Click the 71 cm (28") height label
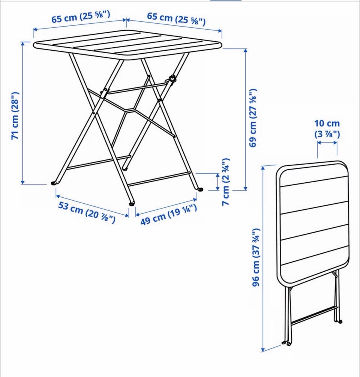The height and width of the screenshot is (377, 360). point(15,116)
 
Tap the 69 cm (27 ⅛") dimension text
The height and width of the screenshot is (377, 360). point(253,118)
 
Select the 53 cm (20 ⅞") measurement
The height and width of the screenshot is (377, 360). point(87,212)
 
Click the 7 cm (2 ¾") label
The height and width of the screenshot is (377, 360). point(226,182)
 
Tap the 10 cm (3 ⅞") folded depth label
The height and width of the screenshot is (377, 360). point(327,129)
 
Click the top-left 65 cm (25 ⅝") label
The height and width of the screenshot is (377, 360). point(81,17)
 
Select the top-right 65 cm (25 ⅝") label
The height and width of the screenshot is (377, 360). point(176,19)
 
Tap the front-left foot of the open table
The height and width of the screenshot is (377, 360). point(54,183)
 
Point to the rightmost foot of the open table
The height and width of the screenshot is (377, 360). point(200,189)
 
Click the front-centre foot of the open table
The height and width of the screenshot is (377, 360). point(132,204)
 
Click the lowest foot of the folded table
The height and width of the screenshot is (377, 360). point(289,344)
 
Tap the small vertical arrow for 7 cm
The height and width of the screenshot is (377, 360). point(218,182)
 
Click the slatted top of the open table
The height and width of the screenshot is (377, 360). point(127,45)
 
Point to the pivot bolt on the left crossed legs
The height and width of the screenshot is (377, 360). point(105,90)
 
